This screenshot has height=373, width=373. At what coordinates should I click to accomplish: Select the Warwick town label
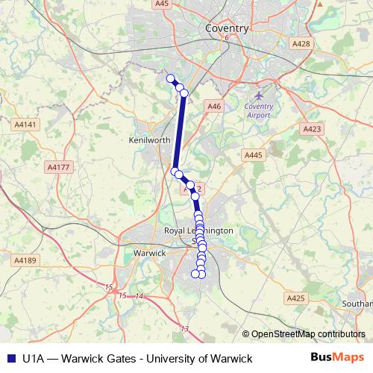pyautogui.click(x=148, y=254)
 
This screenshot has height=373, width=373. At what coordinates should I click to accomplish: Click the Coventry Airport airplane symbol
pyautogui.click(x=259, y=95)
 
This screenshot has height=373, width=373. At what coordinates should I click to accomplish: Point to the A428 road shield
pyautogui.click(x=301, y=44)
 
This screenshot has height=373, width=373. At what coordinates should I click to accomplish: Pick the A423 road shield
pyautogui.click(x=313, y=129)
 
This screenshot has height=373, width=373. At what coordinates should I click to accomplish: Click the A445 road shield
pyautogui.click(x=254, y=154)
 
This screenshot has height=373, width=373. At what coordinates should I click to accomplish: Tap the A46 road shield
pyautogui.click(x=215, y=107)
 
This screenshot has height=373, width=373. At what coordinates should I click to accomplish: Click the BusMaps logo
pyautogui.click(x=337, y=357)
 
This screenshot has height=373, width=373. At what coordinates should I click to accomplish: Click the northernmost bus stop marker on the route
pyautogui.click(x=170, y=78)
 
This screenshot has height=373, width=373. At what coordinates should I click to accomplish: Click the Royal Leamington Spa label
pyautogui.click(x=198, y=231)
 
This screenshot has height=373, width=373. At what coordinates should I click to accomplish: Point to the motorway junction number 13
pyautogui.click(x=185, y=328)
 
